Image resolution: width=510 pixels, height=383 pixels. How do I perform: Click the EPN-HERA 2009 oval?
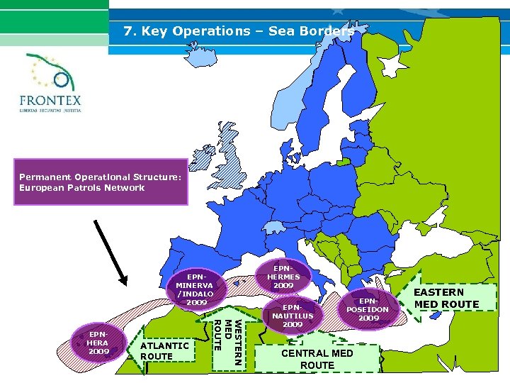point(98,342)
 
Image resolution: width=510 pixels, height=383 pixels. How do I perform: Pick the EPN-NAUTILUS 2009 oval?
point(293,316)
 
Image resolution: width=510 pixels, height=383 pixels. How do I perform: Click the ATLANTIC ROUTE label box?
point(164,350)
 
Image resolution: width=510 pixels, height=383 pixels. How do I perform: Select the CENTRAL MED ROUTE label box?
point(317,358)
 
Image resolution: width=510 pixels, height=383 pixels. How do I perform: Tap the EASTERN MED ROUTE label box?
point(446,298)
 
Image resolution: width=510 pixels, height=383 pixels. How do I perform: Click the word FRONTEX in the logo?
point(50,100)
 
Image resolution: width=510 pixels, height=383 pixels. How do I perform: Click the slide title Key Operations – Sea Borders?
point(238,31)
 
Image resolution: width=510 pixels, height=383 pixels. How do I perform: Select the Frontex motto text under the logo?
point(50,111)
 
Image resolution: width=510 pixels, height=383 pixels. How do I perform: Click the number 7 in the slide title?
point(127,31)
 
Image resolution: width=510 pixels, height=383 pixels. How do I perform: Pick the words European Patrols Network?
point(82,188)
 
